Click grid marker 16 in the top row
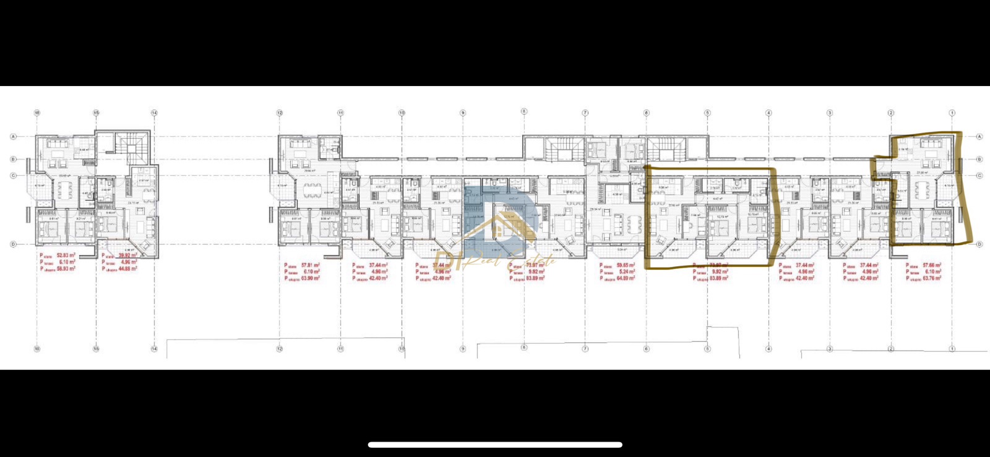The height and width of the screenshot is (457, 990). point(37,113)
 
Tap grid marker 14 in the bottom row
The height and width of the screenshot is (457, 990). point(154,349)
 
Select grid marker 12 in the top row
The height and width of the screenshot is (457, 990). point(280,113)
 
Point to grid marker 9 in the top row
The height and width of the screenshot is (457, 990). point(462,113)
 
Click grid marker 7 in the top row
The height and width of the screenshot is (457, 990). point(585,113)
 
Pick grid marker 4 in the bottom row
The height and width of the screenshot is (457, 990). point(768,349)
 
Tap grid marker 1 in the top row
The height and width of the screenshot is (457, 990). point(952,113)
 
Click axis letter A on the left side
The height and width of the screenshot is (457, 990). point(14,136)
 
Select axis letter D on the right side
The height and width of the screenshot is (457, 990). point(979,245)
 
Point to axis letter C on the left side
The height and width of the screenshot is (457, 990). point(14,176)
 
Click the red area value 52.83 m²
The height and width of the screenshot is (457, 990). point(66,255)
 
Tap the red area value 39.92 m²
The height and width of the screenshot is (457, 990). point(127,255)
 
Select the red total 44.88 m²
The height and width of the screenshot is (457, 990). point(127,269)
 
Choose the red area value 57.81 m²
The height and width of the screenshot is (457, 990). point(310,265)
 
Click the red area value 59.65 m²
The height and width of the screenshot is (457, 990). point(625,265)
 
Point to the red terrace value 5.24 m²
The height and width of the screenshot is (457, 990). point(626,272)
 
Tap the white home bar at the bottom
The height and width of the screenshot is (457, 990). point(495,445)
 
